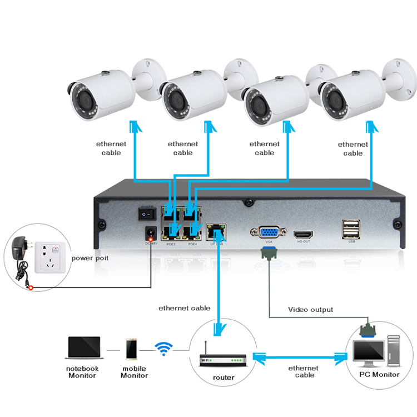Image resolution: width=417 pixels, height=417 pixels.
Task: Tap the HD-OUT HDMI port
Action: tap(304, 233)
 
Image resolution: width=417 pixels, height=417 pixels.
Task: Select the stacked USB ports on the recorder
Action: tap(351, 229)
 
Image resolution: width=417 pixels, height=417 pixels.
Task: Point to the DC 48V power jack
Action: tap(150, 233)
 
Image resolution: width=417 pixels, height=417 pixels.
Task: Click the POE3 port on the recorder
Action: tap(169, 230)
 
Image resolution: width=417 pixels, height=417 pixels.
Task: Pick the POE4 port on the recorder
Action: tap(192, 230)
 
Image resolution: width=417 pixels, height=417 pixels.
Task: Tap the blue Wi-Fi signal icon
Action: tap(163, 349)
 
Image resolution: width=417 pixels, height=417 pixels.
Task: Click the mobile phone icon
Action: tap(132, 349)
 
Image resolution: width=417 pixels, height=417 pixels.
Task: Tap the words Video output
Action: tap(310, 309)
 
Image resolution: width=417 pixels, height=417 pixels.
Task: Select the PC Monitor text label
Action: tap(378, 374)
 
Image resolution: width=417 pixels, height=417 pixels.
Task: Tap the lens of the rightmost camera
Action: tap(336, 99)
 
